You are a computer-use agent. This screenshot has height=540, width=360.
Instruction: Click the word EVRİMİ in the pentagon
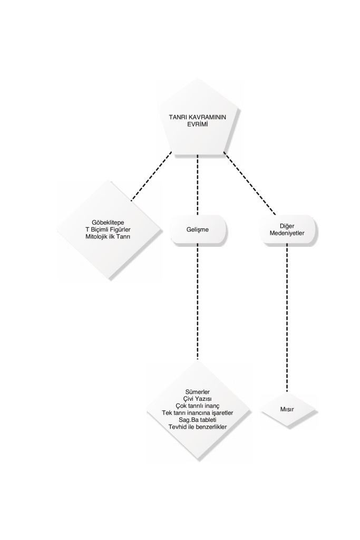tap(198, 124)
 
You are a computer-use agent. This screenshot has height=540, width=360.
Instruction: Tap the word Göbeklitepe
tap(108, 223)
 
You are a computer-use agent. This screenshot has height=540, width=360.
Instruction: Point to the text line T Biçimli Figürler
tap(108, 230)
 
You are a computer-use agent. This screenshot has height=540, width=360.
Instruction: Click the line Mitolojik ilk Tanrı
tap(108, 237)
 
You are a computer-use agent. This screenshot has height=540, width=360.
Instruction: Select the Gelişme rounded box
tap(198, 230)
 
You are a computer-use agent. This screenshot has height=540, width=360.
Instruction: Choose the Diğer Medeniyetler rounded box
tap(288, 230)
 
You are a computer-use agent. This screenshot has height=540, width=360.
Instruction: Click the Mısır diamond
tap(287, 410)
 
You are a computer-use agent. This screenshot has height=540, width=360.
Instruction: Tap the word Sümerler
tap(198, 392)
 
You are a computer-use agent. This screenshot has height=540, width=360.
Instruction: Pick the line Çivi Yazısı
tap(198, 399)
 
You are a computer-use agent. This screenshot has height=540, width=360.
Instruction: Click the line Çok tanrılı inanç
tap(198, 406)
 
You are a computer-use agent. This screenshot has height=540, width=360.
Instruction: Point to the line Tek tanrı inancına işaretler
tap(198, 413)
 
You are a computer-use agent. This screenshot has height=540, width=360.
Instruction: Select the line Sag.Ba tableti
tap(198, 420)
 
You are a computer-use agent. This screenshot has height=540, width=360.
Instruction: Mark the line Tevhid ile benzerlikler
tap(198, 427)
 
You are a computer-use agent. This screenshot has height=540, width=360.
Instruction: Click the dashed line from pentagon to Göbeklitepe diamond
tap(151, 176)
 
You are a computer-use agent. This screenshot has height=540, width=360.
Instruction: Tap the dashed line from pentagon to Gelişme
tap(198, 185)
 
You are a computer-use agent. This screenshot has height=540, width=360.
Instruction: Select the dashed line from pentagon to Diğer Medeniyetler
tap(249, 183)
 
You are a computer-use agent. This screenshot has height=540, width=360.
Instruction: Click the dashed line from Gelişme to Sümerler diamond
tap(198, 302)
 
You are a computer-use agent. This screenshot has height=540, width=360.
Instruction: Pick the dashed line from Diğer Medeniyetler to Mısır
tap(287, 318)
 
